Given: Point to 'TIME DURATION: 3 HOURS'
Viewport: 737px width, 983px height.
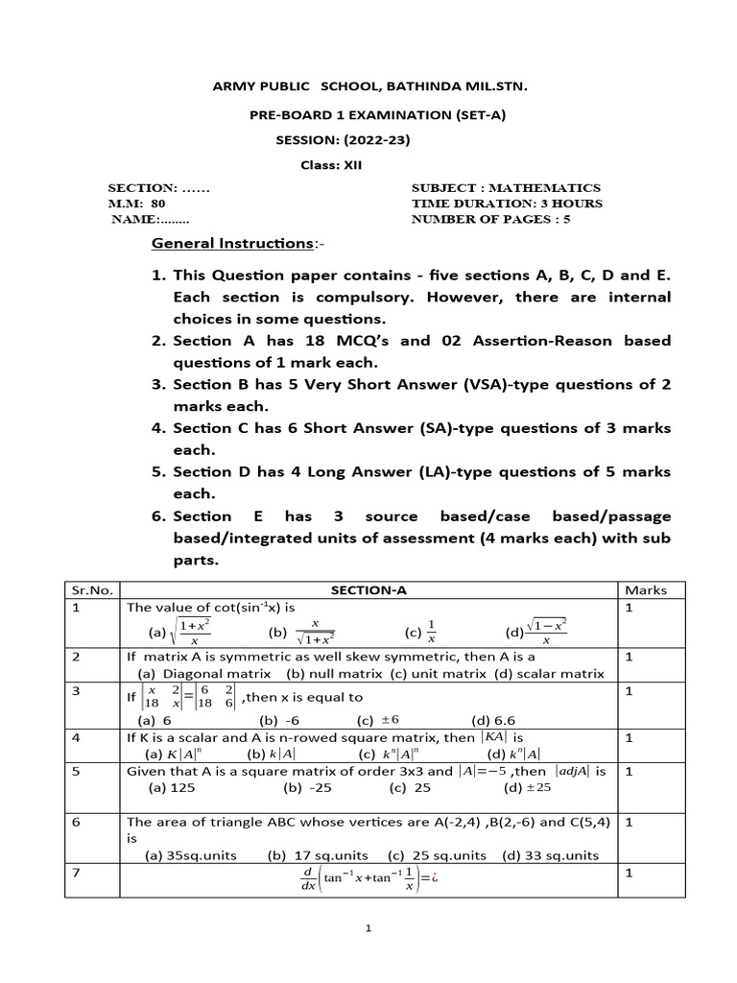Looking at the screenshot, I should point(507,204).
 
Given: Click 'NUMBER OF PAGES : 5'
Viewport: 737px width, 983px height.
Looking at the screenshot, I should point(490,219).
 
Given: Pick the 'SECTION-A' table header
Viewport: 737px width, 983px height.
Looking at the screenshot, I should point(368,590).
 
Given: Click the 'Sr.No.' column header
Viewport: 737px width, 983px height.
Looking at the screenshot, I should point(88,590).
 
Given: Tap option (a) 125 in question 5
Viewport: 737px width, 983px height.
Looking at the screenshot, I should point(166,789).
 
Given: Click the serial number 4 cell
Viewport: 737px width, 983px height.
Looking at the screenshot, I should point(74,737).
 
